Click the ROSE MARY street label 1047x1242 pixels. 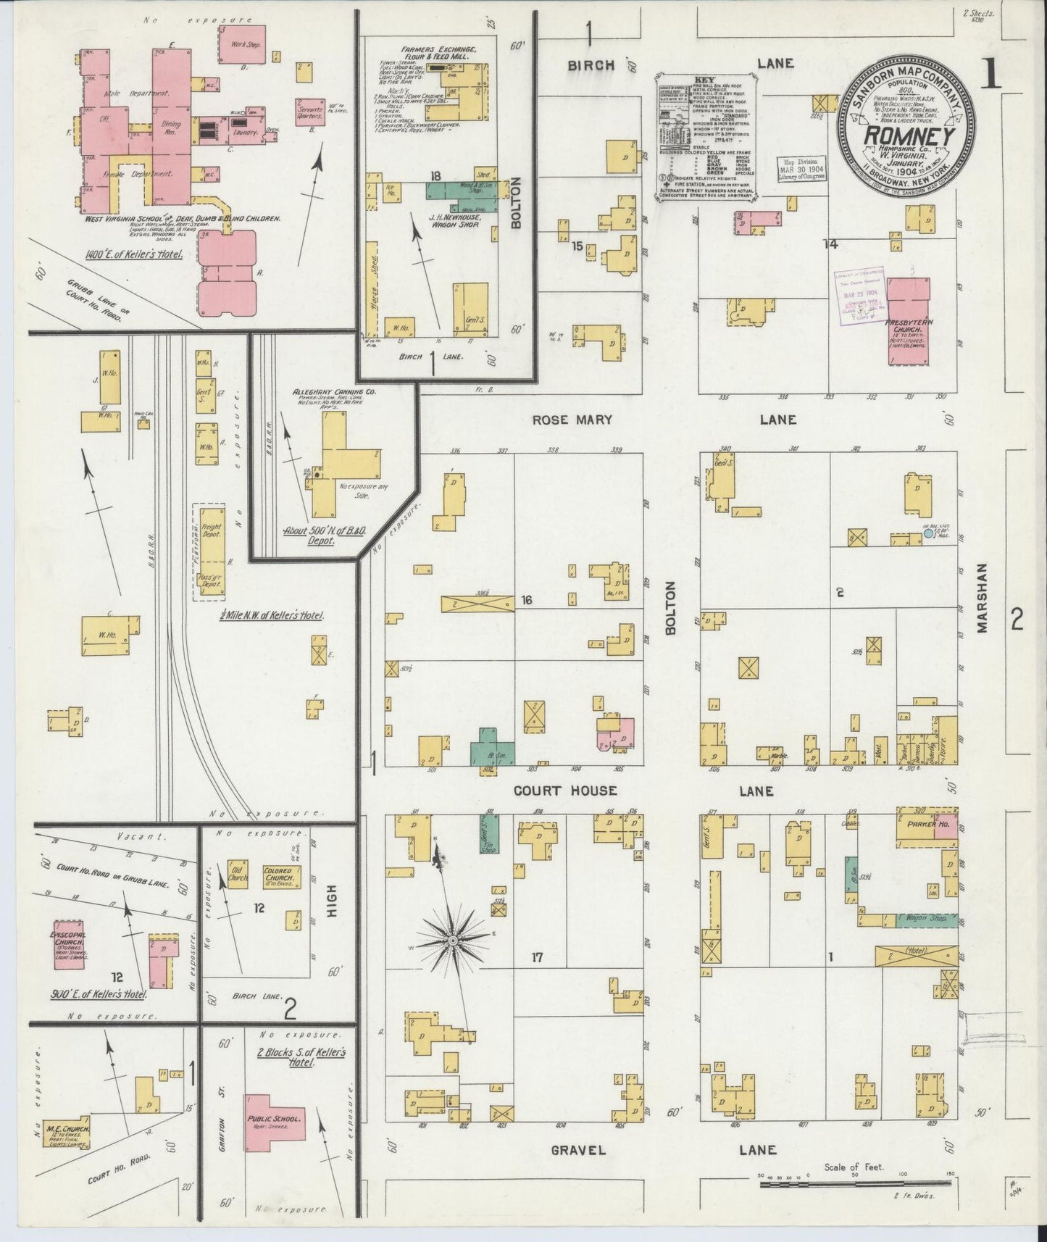(x=572, y=420)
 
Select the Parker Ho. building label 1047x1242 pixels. (x=917, y=824)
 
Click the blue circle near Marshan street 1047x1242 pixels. (x=928, y=534)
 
